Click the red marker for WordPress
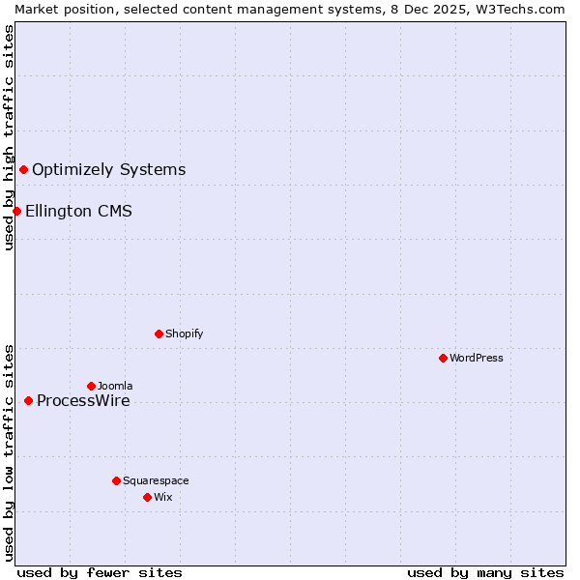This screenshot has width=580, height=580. pyautogui.click(x=443, y=358)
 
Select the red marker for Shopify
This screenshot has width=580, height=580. pyautogui.click(x=159, y=333)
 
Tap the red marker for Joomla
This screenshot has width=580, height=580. pyautogui.click(x=91, y=386)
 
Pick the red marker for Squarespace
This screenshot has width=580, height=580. pyautogui.click(x=116, y=480)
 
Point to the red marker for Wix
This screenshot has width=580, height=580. pyautogui.click(x=147, y=497)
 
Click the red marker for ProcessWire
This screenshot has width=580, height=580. pyautogui.click(x=28, y=400)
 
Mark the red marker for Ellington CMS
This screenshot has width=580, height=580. pyautogui.click(x=16, y=211)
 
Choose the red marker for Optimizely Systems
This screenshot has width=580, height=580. pyautogui.click(x=23, y=170)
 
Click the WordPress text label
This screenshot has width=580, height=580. pyautogui.click(x=477, y=358)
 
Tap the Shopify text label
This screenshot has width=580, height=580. pyautogui.click(x=184, y=333)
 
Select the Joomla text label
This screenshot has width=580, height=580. pyautogui.click(x=115, y=386)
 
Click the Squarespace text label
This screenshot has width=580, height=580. pyautogui.click(x=156, y=480)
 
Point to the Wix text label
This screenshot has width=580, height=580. pyautogui.click(x=163, y=497)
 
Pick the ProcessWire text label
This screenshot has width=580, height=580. pyautogui.click(x=83, y=401)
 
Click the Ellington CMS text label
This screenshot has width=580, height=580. pyautogui.click(x=78, y=211)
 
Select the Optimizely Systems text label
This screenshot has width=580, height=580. pyautogui.click(x=108, y=170)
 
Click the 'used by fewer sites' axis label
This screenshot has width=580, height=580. pyautogui.click(x=100, y=572)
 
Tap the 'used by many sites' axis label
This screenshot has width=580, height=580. pyautogui.click(x=485, y=572)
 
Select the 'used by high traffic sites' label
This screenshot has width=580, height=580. pyautogui.click(x=9, y=137)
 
